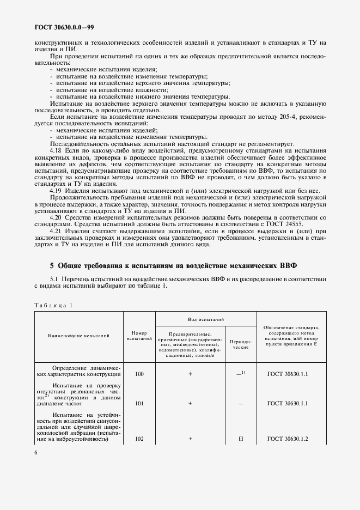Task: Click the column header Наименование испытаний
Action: pos(78,336)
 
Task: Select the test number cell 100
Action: pos(139,374)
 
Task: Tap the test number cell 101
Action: pos(139,404)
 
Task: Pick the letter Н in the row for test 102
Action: pos(240,439)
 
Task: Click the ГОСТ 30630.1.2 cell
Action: pos(288,439)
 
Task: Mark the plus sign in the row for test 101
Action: pos(190,404)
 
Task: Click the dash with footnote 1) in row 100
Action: pos(239,374)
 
